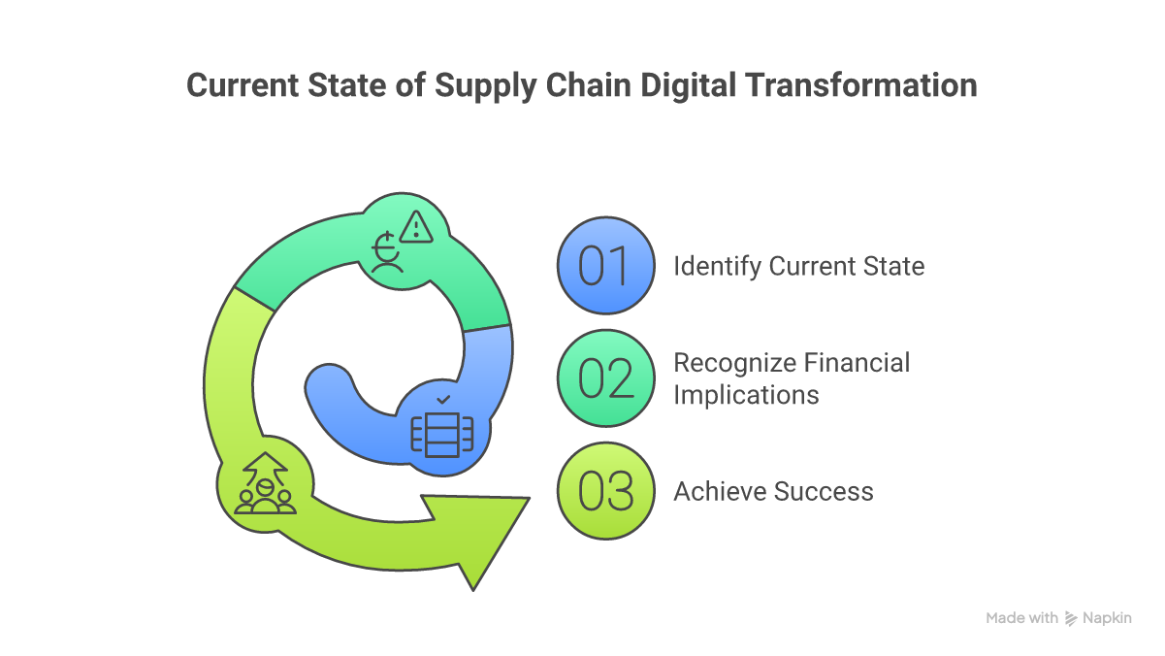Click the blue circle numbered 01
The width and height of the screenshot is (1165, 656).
coord(606,266)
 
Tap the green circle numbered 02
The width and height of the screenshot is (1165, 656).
coord(606,378)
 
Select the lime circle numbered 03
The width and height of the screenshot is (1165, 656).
coord(606,491)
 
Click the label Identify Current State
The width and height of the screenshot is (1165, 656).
coord(798,266)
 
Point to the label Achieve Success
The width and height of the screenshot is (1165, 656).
coord(773,491)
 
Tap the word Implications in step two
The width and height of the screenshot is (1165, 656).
coord(746,395)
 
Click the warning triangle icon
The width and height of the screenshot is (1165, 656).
coord(417,228)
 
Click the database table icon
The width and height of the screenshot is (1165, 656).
coord(442,433)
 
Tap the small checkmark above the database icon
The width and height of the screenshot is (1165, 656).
coord(443,399)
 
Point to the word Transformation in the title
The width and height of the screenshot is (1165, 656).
coord(861,85)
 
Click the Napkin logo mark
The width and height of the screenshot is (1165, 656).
coord(1072,618)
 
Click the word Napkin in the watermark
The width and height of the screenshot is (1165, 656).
coord(1108,618)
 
